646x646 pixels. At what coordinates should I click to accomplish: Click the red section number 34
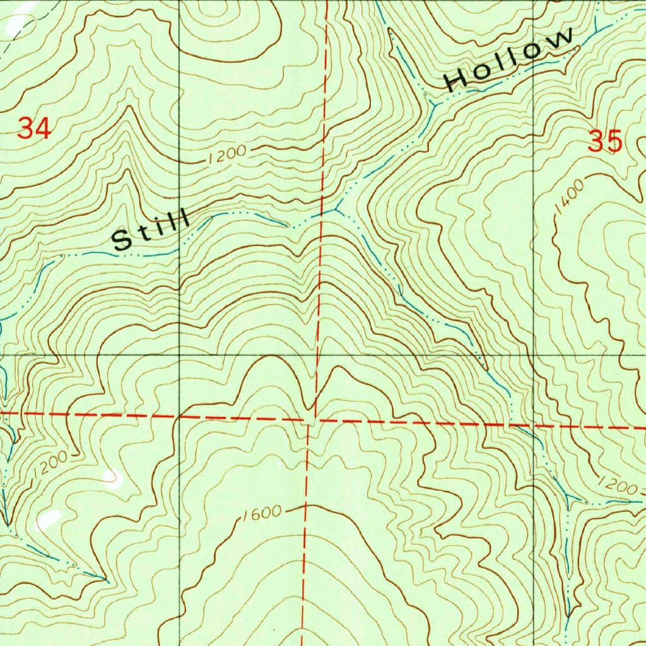click(34, 129)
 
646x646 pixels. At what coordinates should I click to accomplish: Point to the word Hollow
click(510, 60)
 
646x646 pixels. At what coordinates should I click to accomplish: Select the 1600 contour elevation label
click(260, 513)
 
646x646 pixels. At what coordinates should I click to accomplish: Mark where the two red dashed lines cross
click(314, 418)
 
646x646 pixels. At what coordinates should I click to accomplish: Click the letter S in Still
click(120, 240)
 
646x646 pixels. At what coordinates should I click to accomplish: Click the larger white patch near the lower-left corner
click(48, 519)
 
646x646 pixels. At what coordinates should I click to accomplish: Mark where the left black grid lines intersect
click(180, 355)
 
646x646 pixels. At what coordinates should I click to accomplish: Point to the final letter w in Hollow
click(563, 39)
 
